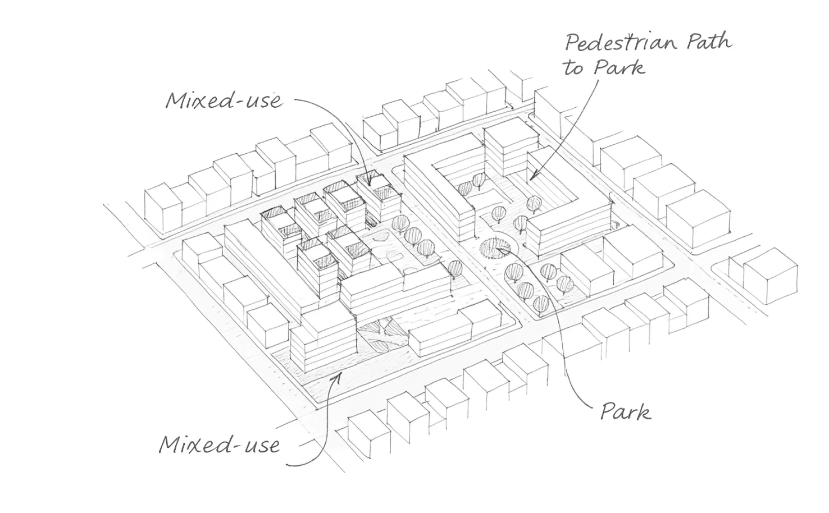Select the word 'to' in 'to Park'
pos(574,68)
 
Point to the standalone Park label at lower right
pos(625,411)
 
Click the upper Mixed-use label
pos(222,101)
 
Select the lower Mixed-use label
pos(218,445)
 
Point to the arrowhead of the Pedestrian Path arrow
pos(529,178)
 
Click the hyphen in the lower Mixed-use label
pos(242,446)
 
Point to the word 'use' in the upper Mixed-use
pos(264,101)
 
